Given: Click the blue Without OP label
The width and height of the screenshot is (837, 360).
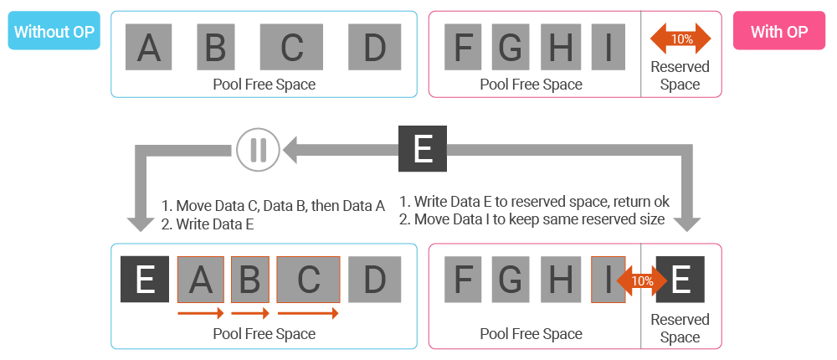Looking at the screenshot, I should (x=54, y=32).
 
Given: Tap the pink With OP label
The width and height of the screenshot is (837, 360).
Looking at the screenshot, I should (x=779, y=32).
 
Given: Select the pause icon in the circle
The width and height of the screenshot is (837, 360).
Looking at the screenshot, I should (x=259, y=151).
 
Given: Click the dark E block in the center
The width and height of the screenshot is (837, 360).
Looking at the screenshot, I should (x=423, y=151).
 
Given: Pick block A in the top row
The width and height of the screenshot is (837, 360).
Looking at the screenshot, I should (x=149, y=47).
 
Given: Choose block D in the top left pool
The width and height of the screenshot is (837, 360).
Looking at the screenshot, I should (x=374, y=47).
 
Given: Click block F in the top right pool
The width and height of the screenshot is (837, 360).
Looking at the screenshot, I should (x=463, y=47).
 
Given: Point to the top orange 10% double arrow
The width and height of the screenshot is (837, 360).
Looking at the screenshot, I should (x=681, y=39).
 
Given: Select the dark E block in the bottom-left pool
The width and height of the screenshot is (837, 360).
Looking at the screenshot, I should (x=146, y=280).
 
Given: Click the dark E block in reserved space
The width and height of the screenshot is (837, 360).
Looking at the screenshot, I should (x=681, y=280).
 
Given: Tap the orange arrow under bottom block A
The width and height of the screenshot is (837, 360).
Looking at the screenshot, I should (x=201, y=313).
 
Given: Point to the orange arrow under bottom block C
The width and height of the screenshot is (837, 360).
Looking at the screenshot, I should (x=308, y=313).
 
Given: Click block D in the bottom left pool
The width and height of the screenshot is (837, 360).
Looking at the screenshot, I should (x=374, y=280).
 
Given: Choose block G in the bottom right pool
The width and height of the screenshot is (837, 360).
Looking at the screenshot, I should (x=510, y=280).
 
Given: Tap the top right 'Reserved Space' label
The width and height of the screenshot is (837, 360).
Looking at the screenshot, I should (x=680, y=75).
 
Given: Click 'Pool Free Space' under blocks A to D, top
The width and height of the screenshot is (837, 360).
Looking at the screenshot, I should (x=264, y=85).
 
